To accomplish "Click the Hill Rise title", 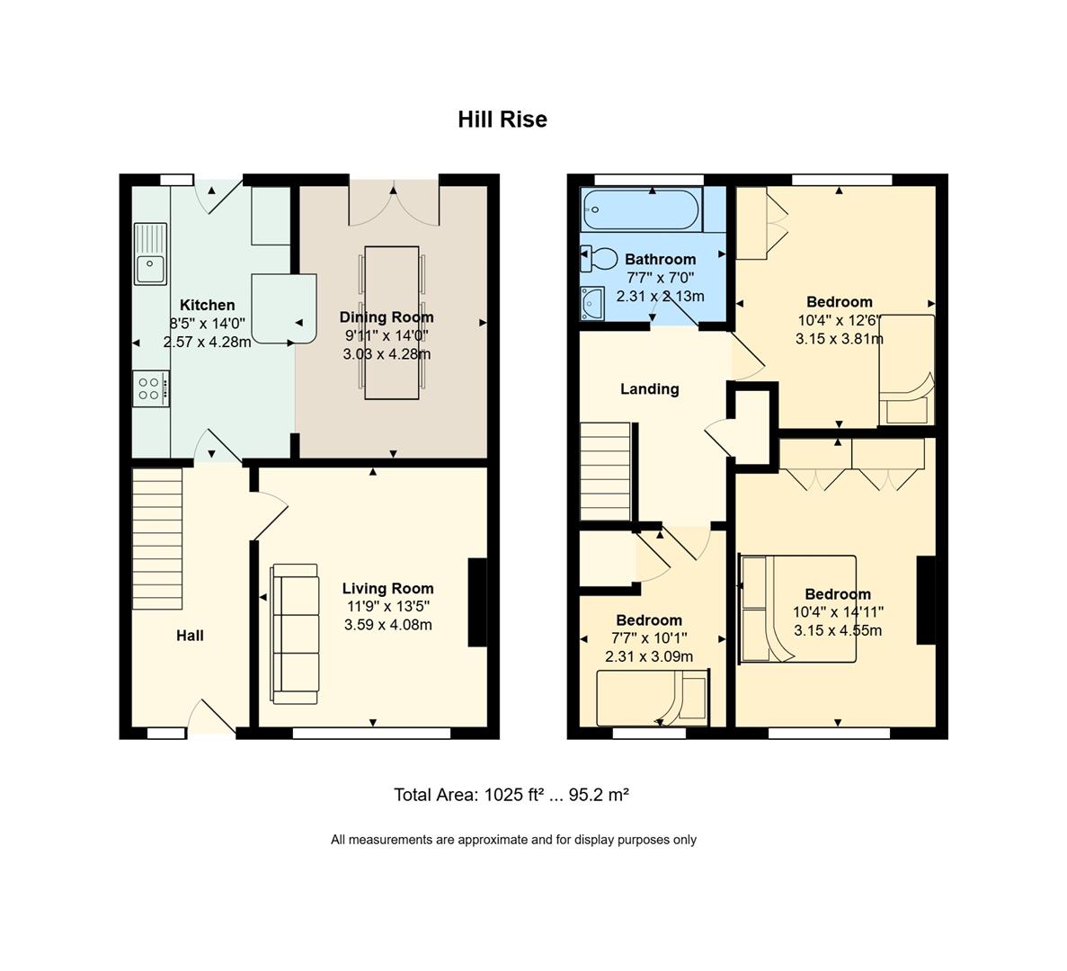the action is [502, 119].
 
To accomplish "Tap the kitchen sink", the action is [150, 254].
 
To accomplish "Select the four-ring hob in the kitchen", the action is [151, 388].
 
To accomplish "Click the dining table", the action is [392, 323].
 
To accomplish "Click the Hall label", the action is [190, 636].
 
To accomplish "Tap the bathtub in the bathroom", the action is [640, 209].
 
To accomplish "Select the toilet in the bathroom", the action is [599, 259].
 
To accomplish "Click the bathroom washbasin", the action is [592, 303].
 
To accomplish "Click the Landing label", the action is [649, 389].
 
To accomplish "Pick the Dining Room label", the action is [387, 317].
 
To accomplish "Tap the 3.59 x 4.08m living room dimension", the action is [387, 625].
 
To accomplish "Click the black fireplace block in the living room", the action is [477, 602].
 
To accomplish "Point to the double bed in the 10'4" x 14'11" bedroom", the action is [797, 609].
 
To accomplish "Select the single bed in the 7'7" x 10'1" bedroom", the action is [653, 699].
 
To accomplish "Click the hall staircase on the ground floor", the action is [157, 539].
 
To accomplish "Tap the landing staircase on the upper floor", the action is [606, 471].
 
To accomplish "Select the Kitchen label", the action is [207, 306].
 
